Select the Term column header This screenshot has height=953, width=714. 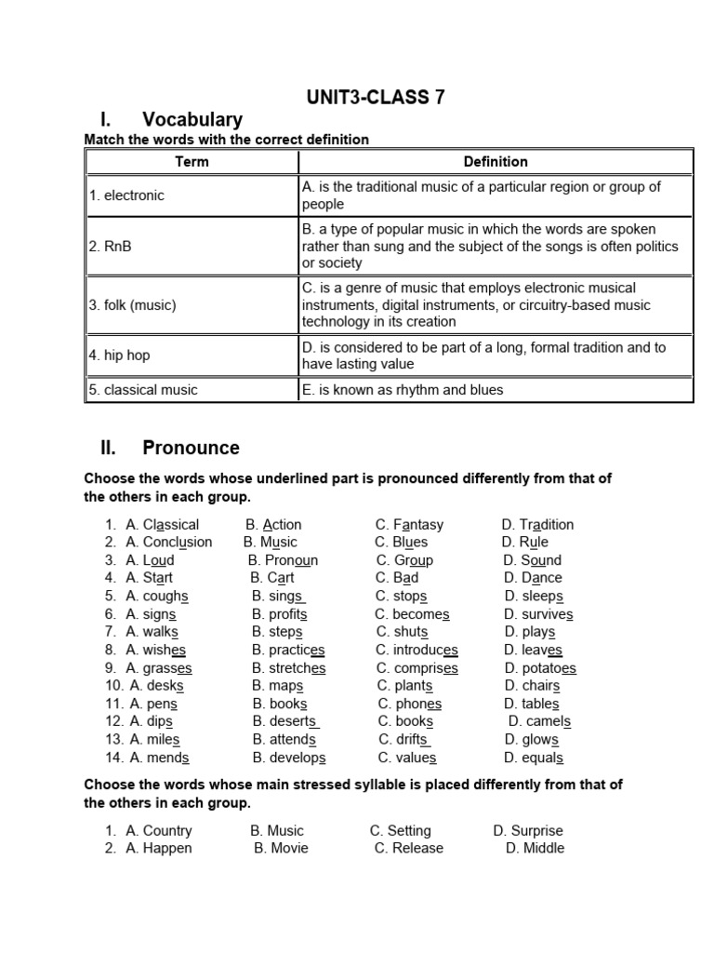[x=192, y=161]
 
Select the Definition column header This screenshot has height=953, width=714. [x=496, y=161]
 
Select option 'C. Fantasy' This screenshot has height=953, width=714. [x=409, y=525]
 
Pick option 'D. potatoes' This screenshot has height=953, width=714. [x=540, y=668]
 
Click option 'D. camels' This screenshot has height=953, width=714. [x=539, y=721]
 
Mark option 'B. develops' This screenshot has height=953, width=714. [x=288, y=758]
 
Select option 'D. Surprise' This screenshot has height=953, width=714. [x=528, y=830]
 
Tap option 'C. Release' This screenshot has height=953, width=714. [x=409, y=848]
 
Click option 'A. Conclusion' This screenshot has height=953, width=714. [x=168, y=543]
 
